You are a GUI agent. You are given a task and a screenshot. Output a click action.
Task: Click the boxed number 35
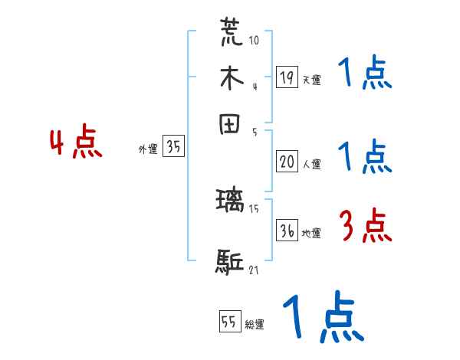click(x=173, y=147)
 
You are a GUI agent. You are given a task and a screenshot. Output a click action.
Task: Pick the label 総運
click(x=255, y=325)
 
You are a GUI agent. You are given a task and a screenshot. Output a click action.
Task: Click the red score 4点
click(x=76, y=144)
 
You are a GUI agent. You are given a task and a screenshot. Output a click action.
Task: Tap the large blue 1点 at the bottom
click(x=323, y=317)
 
